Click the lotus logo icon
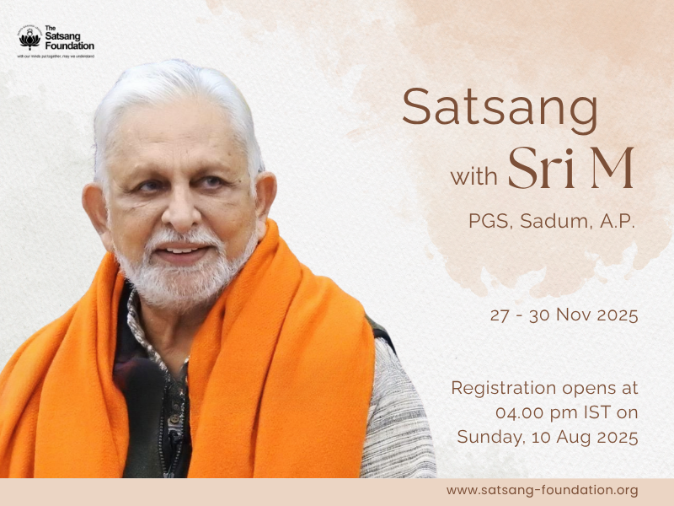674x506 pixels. tap(29, 39)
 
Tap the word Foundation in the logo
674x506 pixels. tap(70, 46)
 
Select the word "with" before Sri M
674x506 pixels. tap(474, 178)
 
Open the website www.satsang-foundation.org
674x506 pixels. tap(542, 490)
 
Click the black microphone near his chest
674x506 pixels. tap(143, 379)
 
